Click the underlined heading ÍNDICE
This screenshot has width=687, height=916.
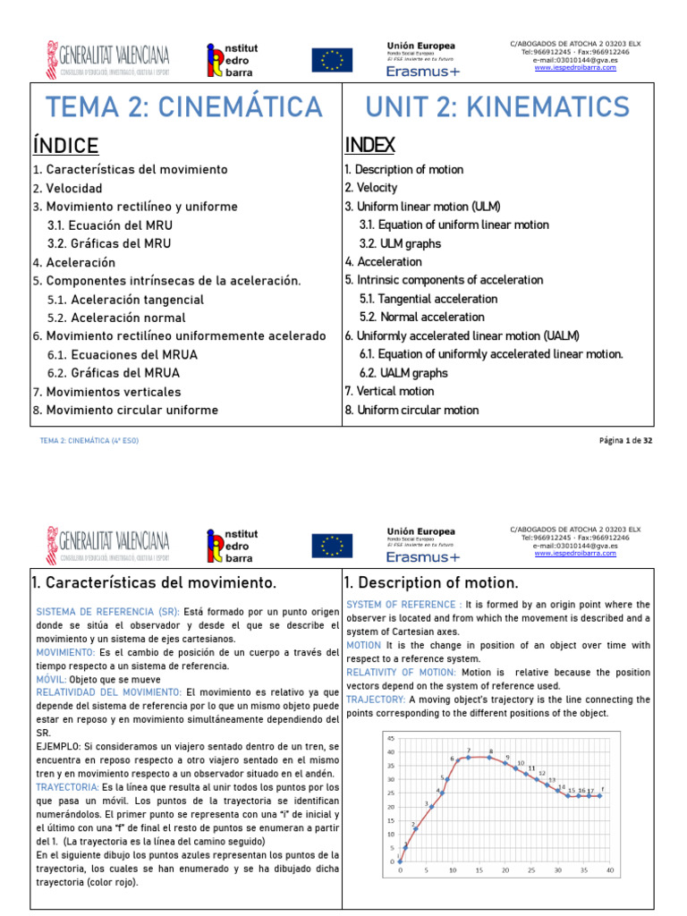point(65,146)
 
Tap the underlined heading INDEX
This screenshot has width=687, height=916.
point(370,145)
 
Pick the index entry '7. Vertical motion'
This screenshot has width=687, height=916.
point(389,392)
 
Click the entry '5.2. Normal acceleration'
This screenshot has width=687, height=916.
point(422,318)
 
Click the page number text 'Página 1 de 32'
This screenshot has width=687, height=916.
point(625,441)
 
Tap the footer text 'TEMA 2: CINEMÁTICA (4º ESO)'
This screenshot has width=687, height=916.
point(89,441)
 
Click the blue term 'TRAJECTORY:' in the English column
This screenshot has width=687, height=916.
point(376,699)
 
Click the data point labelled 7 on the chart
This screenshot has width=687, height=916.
point(468,757)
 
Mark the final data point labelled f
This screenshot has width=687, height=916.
point(600,795)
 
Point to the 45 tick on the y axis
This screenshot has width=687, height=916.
point(389,738)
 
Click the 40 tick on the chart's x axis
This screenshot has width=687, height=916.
point(610,870)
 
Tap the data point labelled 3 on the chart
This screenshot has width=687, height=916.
point(431,807)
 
